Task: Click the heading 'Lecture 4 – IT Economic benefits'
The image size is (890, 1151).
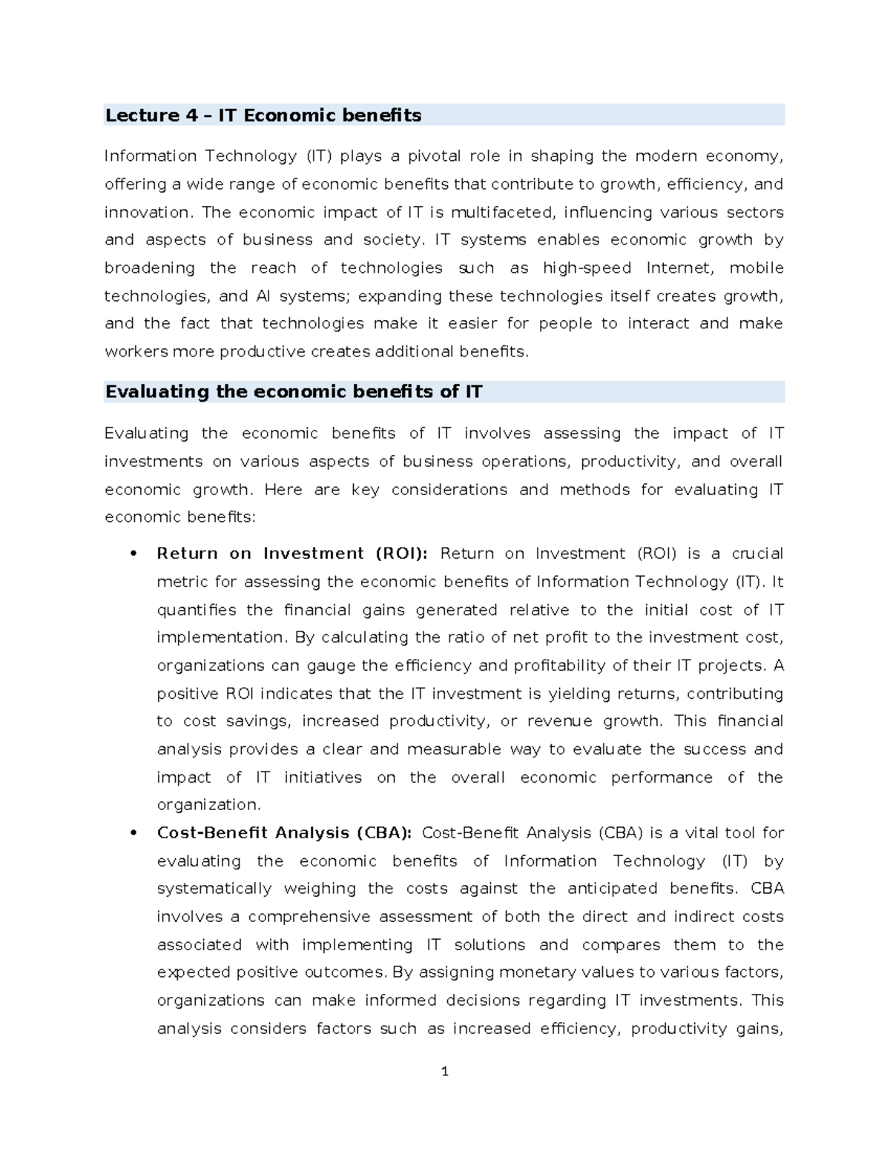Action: (x=263, y=116)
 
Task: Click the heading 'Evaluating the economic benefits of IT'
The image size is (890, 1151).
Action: (x=294, y=392)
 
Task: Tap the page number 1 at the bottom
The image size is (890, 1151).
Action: (x=445, y=1072)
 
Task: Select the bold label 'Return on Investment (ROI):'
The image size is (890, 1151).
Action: (x=292, y=554)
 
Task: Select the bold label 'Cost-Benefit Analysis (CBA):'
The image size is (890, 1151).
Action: (x=284, y=833)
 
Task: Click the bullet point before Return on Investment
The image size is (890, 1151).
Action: (x=133, y=554)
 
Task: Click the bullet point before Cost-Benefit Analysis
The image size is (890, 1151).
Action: (x=133, y=833)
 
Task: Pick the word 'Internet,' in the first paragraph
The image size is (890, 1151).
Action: (x=679, y=268)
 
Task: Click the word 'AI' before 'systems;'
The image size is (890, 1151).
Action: (x=263, y=296)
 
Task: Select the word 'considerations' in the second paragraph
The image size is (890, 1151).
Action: (x=449, y=490)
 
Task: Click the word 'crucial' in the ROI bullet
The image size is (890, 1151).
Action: (x=757, y=554)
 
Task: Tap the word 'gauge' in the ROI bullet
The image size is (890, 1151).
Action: (x=332, y=666)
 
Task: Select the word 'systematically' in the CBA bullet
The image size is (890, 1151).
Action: (x=214, y=889)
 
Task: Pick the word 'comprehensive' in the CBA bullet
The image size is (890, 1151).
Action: (x=309, y=917)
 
